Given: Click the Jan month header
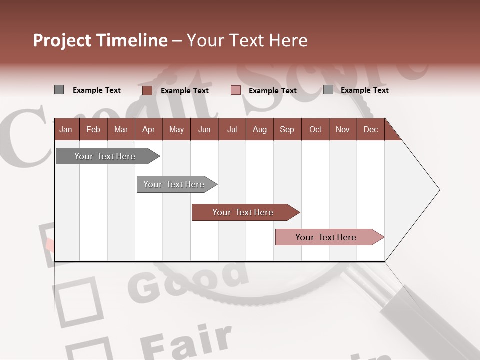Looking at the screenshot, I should coord(66,130).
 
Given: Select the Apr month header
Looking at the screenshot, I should coord(148,130).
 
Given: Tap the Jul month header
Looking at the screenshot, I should coord(232,130).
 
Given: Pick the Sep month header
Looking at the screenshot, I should coord(287,130).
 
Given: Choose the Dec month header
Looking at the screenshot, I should coord(370,130).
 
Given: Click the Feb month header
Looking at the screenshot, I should coord(93,130).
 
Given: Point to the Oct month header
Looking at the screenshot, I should coord(315,130).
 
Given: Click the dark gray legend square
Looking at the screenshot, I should coord(59,90).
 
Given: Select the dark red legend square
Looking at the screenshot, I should coord(147,90).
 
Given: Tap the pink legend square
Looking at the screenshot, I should coord(236,90).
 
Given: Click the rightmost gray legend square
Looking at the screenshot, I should coord(328,90).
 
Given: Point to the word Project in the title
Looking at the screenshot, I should coord(62,40).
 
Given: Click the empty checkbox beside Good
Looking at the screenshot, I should coord(78,300).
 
